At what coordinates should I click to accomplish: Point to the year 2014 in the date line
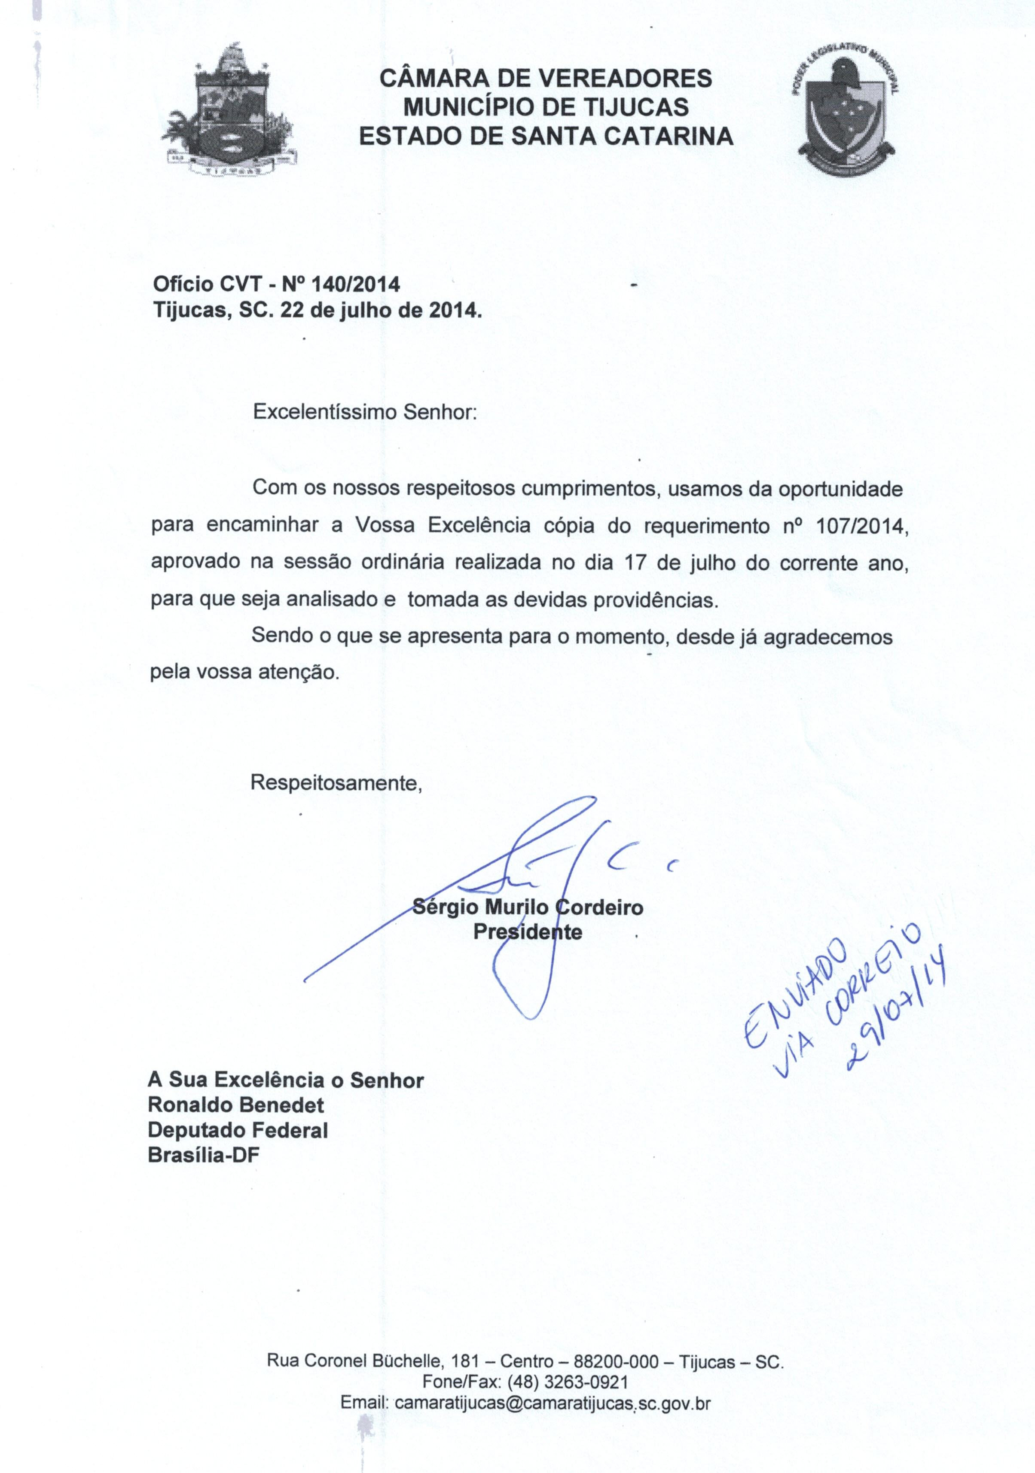point(453,311)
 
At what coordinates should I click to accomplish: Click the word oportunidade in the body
point(840,489)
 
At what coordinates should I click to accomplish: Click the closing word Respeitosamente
point(336,783)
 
